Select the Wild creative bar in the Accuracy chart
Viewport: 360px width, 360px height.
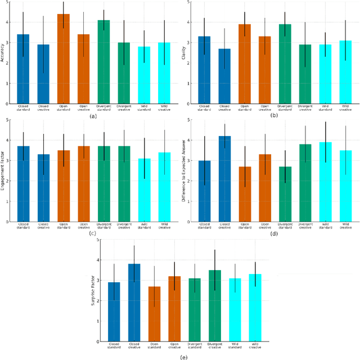coord(164,73)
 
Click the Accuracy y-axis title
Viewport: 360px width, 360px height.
coord(4,52)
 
